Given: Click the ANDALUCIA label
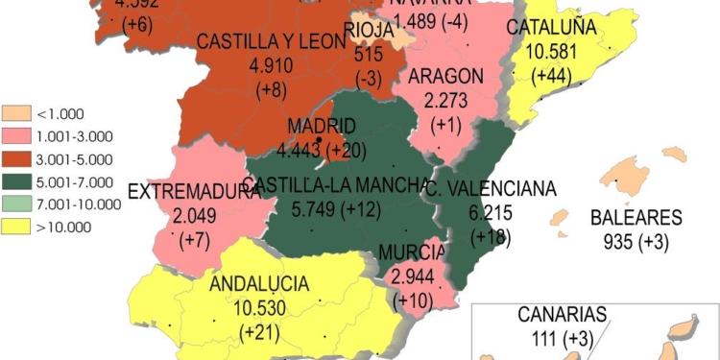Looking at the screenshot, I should [259, 284].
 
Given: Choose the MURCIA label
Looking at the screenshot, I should [412, 252].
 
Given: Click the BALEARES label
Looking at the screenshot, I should [636, 218].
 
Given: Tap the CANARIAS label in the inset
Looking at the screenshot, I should [563, 314].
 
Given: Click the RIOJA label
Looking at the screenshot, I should [369, 30].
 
